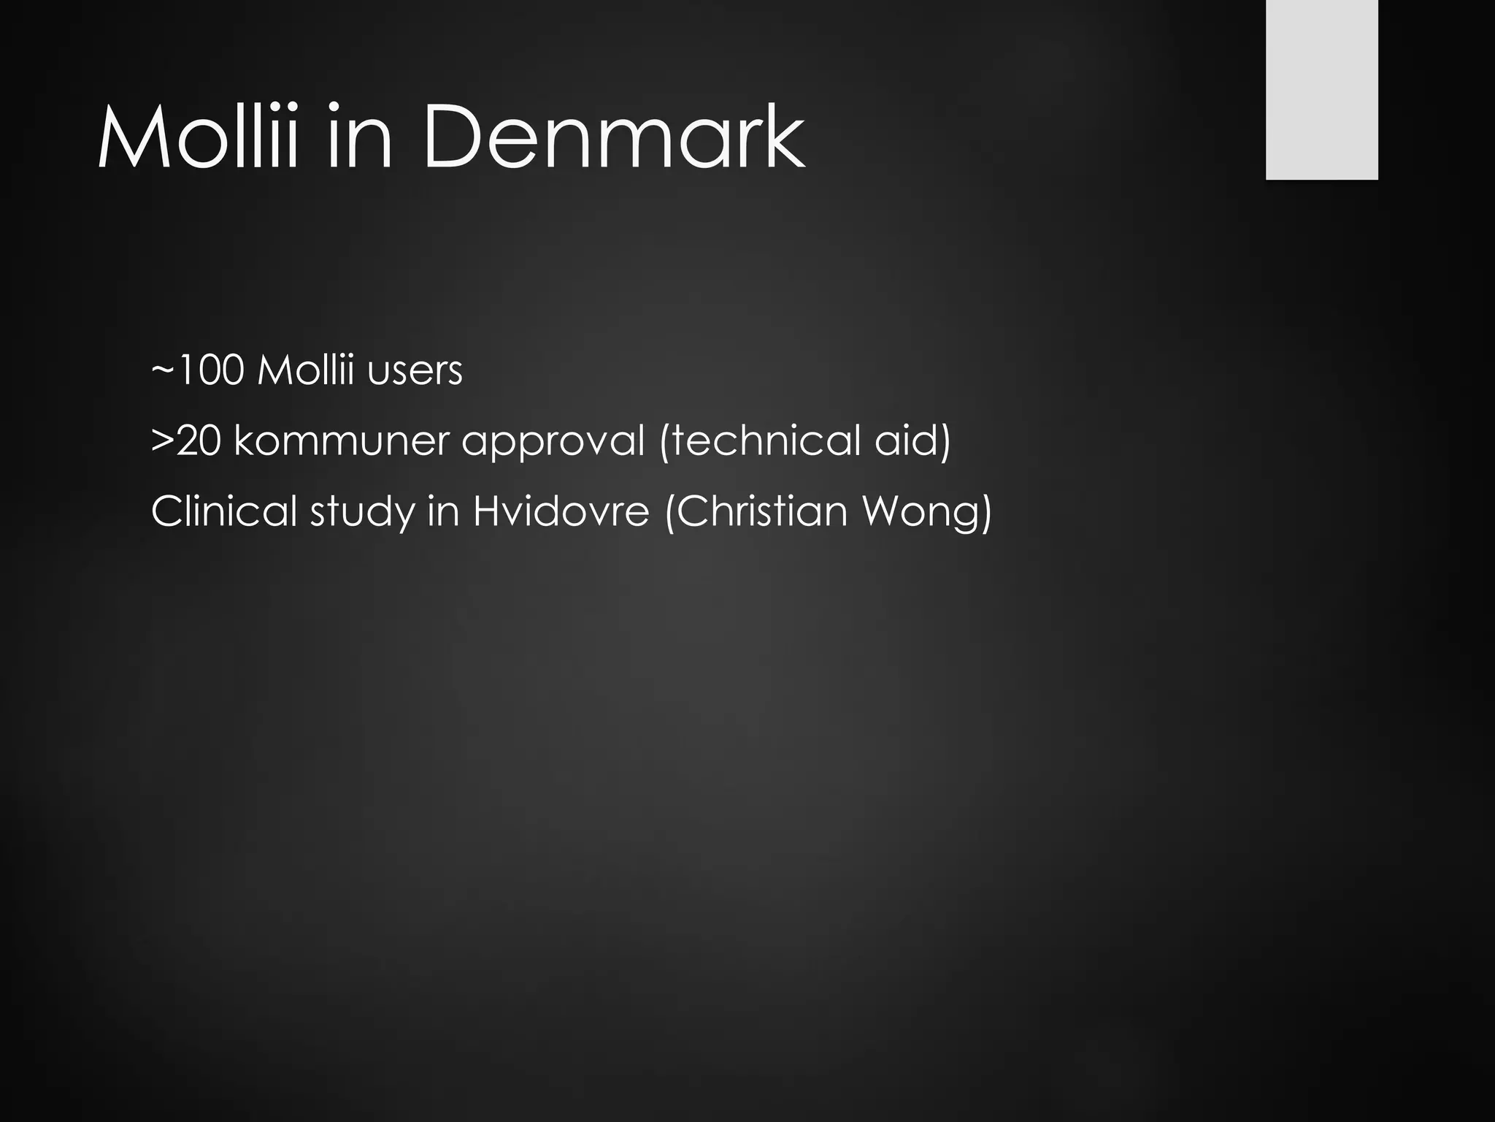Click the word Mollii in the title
[x=198, y=137]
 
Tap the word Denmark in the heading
[x=614, y=137]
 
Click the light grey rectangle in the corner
[x=1321, y=89]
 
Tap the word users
[x=415, y=371]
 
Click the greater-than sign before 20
[x=162, y=440]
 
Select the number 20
[x=198, y=440]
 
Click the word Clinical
[x=224, y=511]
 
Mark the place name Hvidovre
[x=561, y=511]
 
